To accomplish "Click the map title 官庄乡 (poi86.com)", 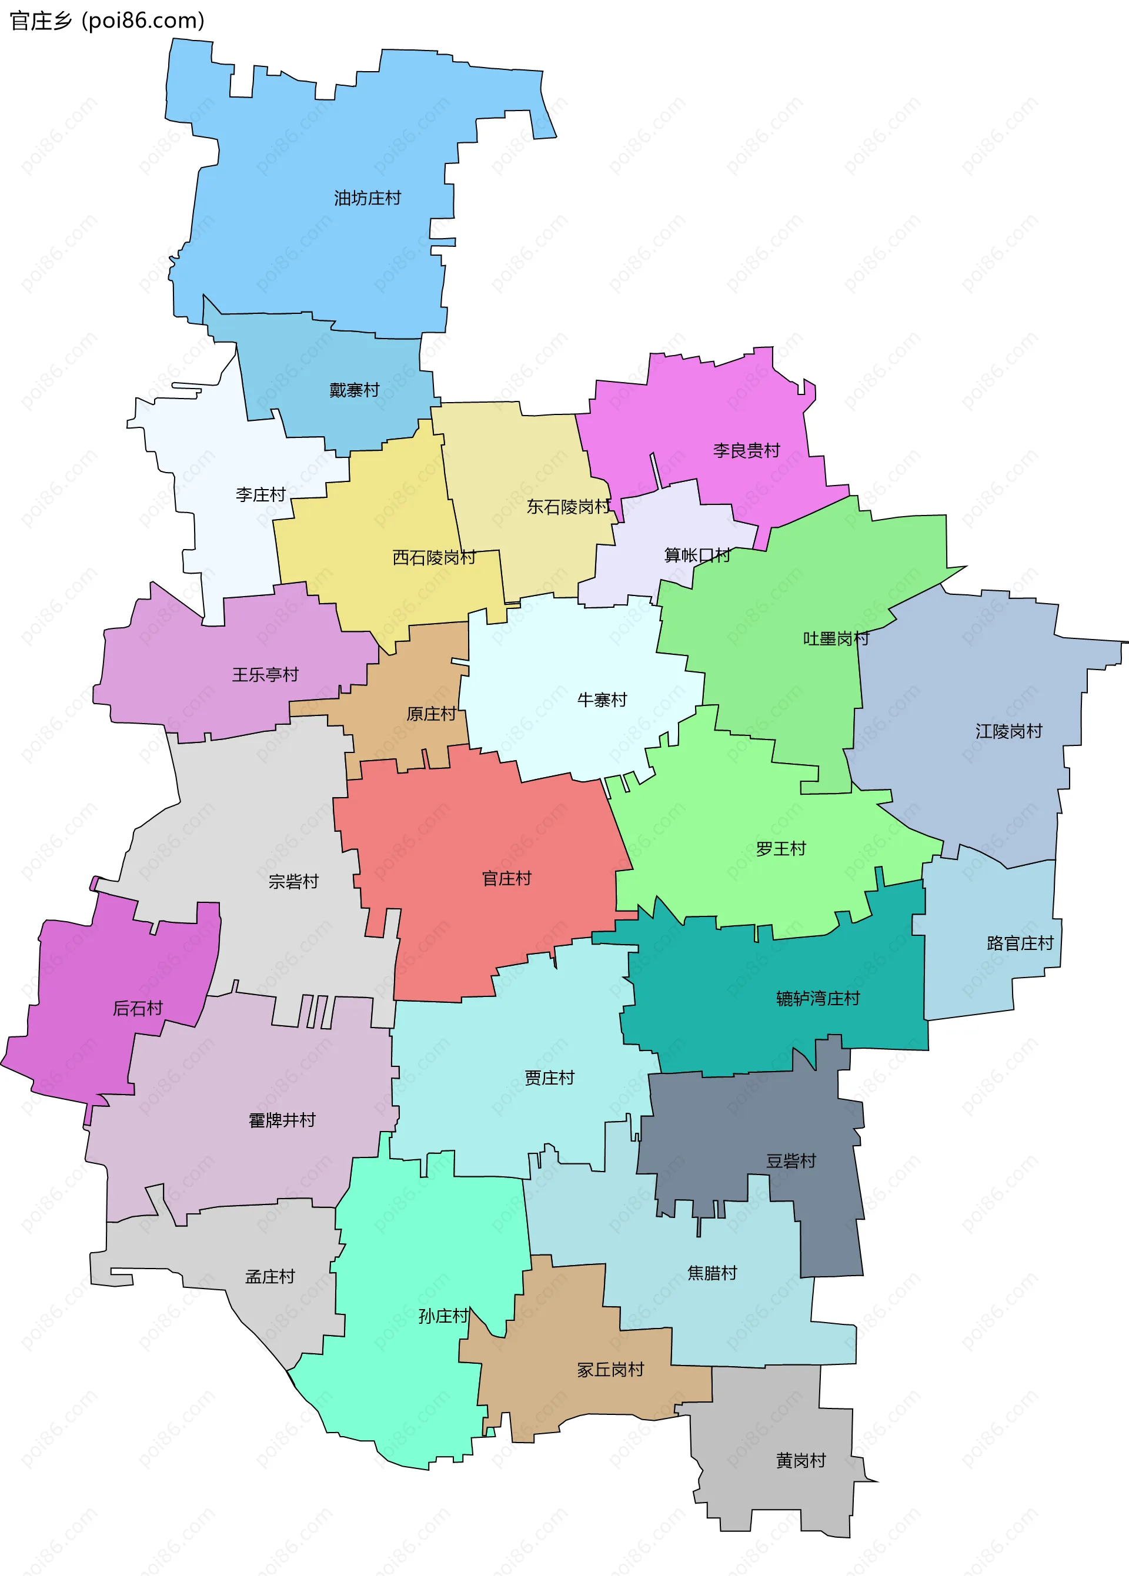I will point(107,21).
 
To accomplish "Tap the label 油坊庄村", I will point(367,198).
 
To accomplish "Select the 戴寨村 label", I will point(354,390).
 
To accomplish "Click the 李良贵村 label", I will point(746,450).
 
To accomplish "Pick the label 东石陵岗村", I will point(568,507).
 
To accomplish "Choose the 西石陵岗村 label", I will point(434,557).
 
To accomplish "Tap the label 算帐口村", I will point(697,554).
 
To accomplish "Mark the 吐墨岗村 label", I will point(836,638).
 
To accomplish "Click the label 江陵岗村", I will point(1008,731).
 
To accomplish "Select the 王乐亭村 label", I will point(265,674).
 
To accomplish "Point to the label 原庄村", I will point(431,714).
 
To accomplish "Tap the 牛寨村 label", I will point(602,699).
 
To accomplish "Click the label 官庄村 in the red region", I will point(506,878).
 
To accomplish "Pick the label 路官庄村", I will point(1020,943).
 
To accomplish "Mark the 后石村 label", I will point(138,1008).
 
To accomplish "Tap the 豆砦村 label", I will point(790,1160).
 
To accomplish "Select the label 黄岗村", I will point(801,1461).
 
